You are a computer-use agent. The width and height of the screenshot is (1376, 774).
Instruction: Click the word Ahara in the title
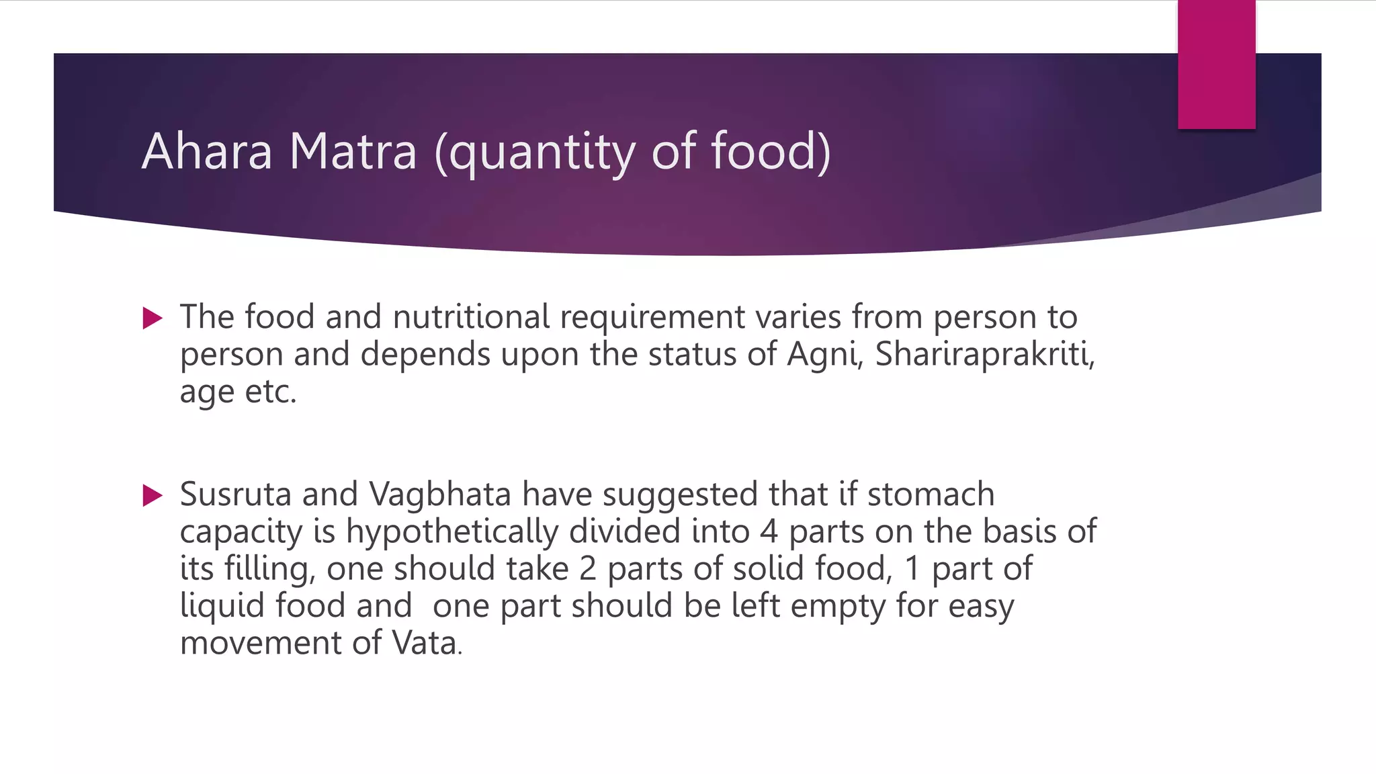pos(207,151)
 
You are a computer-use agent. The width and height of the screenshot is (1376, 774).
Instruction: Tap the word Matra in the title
pos(353,151)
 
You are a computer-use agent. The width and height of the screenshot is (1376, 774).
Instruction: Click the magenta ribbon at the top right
pos(1216,64)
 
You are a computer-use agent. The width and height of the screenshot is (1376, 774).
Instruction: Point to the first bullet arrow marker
pos(153,318)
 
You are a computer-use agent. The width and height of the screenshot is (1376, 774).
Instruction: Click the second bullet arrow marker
pos(153,496)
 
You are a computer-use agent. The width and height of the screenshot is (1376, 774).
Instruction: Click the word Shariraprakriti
pos(984,355)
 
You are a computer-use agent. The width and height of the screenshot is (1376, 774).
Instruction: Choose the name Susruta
pos(236,494)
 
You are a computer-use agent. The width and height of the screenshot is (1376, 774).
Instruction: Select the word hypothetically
pos(451,533)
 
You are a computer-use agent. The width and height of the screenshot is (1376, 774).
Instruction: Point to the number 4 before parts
pos(769,532)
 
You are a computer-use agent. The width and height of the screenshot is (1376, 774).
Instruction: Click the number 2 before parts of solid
pos(587,569)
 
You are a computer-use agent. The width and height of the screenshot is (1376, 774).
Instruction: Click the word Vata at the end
pos(425,643)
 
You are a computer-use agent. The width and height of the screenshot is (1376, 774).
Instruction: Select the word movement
pos(261,643)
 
